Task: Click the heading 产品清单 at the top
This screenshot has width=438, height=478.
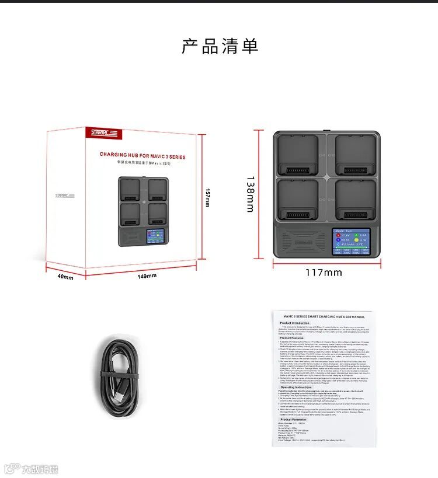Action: (220, 46)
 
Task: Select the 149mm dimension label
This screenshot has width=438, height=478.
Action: (147, 275)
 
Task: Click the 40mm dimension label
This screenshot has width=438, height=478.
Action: (65, 277)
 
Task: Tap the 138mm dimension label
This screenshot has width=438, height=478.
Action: (250, 195)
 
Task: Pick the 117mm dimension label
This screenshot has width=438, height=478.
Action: (324, 273)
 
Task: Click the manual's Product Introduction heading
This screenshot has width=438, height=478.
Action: (294, 323)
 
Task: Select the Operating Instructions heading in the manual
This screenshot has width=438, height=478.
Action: (296, 387)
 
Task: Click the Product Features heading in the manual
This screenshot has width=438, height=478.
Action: (292, 338)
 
